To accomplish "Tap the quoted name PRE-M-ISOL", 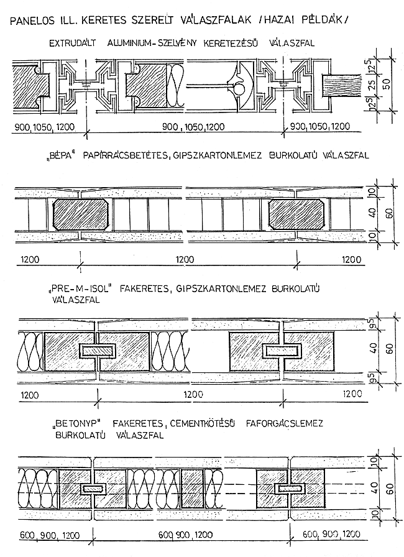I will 76,290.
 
